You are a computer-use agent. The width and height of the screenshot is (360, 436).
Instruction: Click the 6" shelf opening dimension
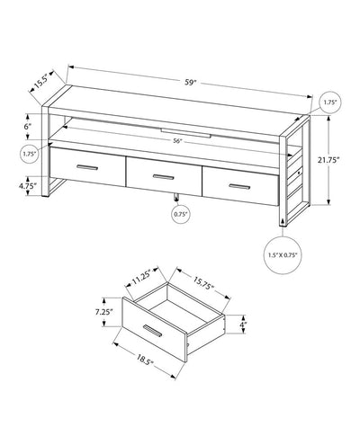pyautogui.click(x=30, y=127)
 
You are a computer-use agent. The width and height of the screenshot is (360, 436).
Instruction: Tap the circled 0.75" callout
pyautogui.click(x=180, y=214)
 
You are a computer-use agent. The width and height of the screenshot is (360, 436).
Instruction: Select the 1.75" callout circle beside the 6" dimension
pyautogui.click(x=30, y=155)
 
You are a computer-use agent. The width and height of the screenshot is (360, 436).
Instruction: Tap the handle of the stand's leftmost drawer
pyautogui.click(x=87, y=167)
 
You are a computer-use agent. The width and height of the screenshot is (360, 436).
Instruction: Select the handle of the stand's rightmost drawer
pyautogui.click(x=236, y=184)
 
